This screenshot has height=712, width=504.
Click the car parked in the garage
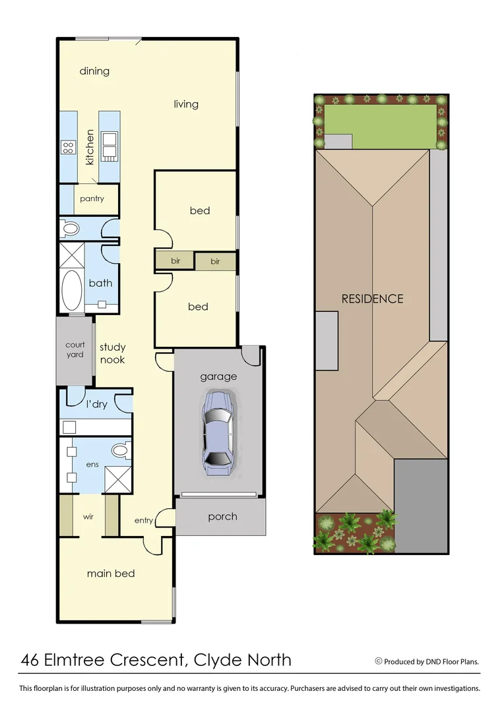pyautogui.click(x=218, y=433)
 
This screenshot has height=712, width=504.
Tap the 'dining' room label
pyautogui.click(x=94, y=71)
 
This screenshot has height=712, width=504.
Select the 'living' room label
pyautogui.click(x=186, y=104)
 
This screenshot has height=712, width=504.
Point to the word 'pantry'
pyautogui.click(x=92, y=198)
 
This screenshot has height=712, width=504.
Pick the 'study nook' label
pyautogui.click(x=112, y=353)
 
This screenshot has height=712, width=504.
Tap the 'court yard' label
pyautogui.click(x=75, y=349)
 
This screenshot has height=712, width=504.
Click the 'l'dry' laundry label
pyautogui.click(x=96, y=404)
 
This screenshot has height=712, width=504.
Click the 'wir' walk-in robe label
pyautogui.click(x=88, y=516)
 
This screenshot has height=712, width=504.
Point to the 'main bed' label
pyautogui.click(x=111, y=574)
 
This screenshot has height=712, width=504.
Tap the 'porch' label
pyautogui.click(x=222, y=516)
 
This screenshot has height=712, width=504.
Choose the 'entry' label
pyautogui.click(x=144, y=520)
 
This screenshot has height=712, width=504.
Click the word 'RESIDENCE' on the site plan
pyautogui.click(x=372, y=299)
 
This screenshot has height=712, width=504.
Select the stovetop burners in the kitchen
pyautogui.click(x=67, y=148)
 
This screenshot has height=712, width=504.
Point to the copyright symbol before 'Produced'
pyautogui.click(x=379, y=661)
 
